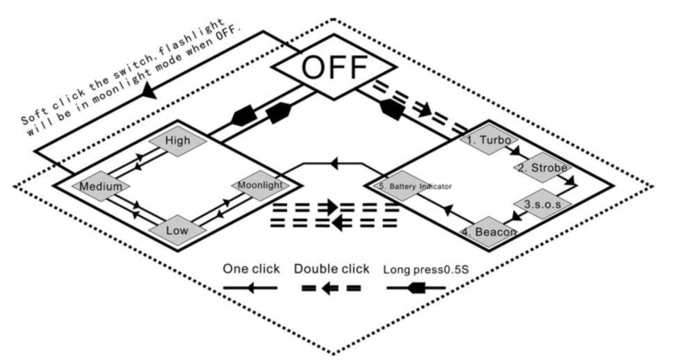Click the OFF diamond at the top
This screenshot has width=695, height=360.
pyautogui.click(x=334, y=67)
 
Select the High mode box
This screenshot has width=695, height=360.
pyautogui.click(x=178, y=141)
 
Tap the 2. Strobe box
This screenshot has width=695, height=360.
pyautogui.click(x=543, y=168)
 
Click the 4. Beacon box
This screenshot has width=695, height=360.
pyautogui.click(x=490, y=232)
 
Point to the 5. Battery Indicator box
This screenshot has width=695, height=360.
pyautogui.click(x=415, y=186)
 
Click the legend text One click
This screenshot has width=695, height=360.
pyautogui.click(x=251, y=268)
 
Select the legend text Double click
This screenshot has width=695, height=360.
pyautogui.click(x=331, y=268)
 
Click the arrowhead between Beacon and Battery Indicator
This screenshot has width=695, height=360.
pyautogui.click(x=448, y=207)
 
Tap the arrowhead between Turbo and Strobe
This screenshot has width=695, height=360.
pyautogui.click(x=515, y=151)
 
